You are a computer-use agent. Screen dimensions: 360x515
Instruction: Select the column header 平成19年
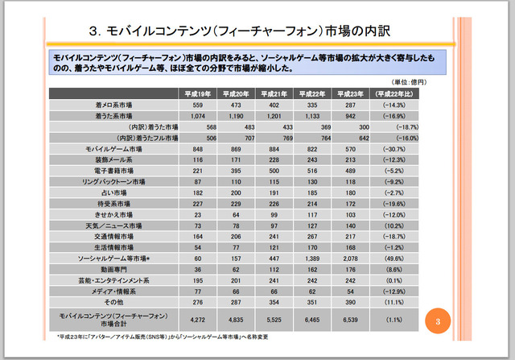tap(196, 93)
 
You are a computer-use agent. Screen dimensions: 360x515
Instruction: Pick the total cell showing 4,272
tap(196, 320)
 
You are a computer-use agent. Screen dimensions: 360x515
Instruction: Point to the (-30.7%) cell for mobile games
tap(395, 150)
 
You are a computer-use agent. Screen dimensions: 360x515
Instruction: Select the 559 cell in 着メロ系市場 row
tap(196, 105)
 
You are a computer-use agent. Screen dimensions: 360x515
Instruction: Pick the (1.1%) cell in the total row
tap(395, 320)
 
